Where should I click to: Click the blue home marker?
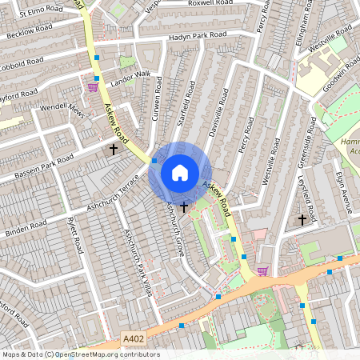pyautogui.click(x=180, y=172)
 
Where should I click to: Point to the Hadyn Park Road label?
pyautogui.click(x=198, y=37)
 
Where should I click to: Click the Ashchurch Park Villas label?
pyautogui.click(x=136, y=261)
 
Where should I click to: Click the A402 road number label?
pyautogui.click(x=134, y=338)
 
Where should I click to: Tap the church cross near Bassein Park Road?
pyautogui.click(x=114, y=149)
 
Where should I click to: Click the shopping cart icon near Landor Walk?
pyautogui.click(x=94, y=86)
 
